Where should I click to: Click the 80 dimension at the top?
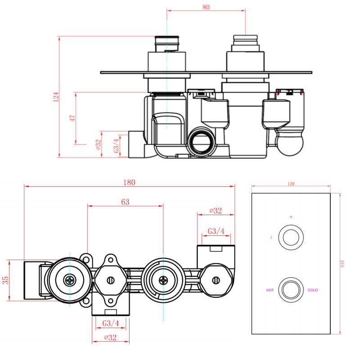tap(206, 7)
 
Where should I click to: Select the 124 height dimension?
tap(56, 97)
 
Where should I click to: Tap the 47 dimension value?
tap(72, 118)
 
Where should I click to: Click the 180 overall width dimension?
tap(129, 183)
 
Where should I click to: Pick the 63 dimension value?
tap(125, 202)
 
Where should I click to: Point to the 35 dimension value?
tap(5, 280)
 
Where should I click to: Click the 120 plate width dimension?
tap(291, 184)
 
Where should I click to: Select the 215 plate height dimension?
tap(342, 263)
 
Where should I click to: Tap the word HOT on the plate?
tap(270, 290)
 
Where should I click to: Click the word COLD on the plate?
tap(312, 290)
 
